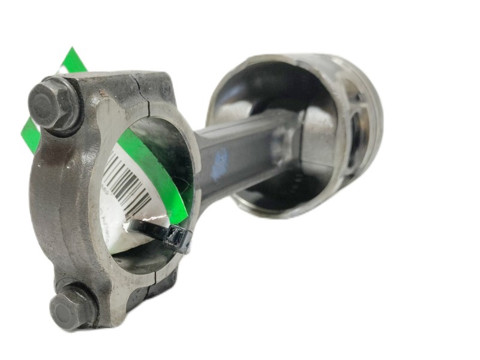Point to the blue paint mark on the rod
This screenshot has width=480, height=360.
click(x=221, y=161)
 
